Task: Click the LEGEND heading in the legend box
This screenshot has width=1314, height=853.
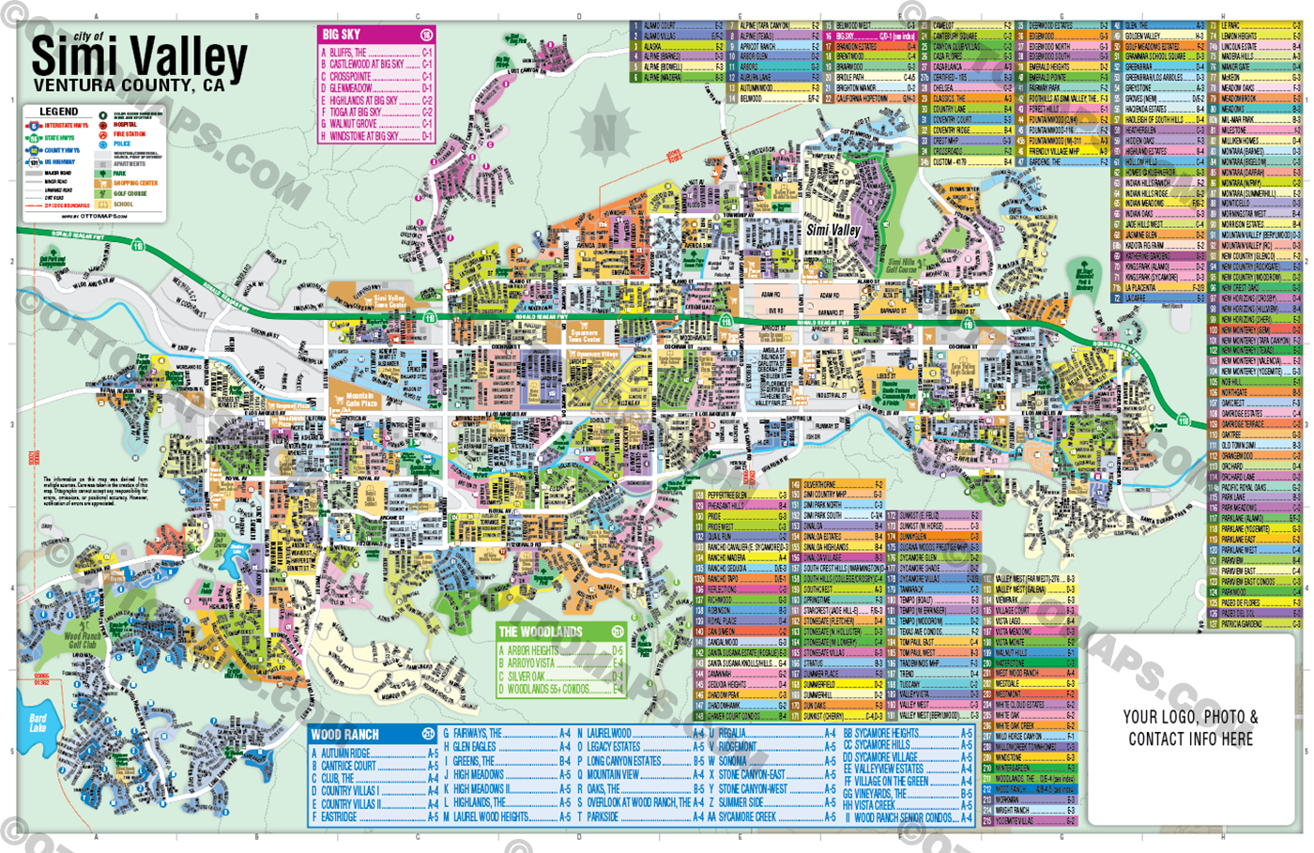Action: click(x=58, y=112)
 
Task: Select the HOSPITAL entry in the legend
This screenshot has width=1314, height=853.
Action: click(x=125, y=125)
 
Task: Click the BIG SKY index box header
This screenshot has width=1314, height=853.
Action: click(x=343, y=35)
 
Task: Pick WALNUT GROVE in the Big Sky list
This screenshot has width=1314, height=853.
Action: click(x=354, y=124)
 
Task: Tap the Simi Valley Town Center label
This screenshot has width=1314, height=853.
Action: click(x=390, y=301)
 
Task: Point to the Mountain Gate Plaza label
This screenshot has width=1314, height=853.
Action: click(x=361, y=400)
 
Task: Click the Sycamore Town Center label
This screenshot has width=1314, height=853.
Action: click(x=584, y=335)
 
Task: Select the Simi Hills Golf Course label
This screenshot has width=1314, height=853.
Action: click(x=901, y=267)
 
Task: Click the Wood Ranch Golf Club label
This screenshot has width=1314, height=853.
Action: click(x=82, y=640)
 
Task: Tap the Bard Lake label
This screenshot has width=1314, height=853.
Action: click(x=38, y=724)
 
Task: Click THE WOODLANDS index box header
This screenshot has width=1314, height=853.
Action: click(x=541, y=632)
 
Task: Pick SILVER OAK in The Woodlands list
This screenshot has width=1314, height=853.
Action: click(x=527, y=676)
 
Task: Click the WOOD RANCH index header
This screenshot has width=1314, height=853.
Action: click(x=345, y=735)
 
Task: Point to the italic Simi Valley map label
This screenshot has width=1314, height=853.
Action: click(x=833, y=230)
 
